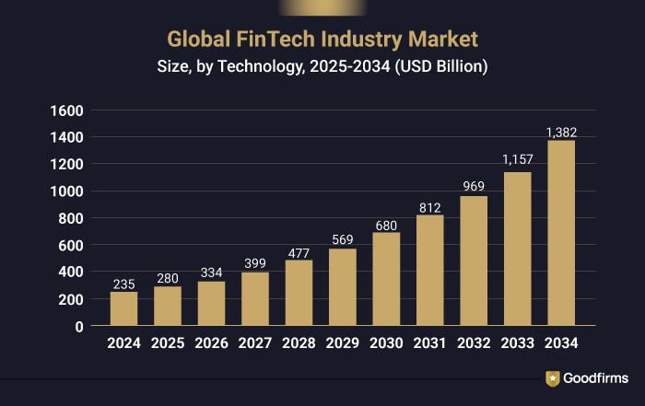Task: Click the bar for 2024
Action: [123, 308]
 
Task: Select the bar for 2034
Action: [561, 233]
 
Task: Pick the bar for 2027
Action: [254, 298]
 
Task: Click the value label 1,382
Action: [561, 133]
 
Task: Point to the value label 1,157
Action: [517, 160]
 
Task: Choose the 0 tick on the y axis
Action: [79, 326]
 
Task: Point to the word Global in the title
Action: [196, 40]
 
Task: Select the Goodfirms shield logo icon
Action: [552, 378]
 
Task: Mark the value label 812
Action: [429, 208]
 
